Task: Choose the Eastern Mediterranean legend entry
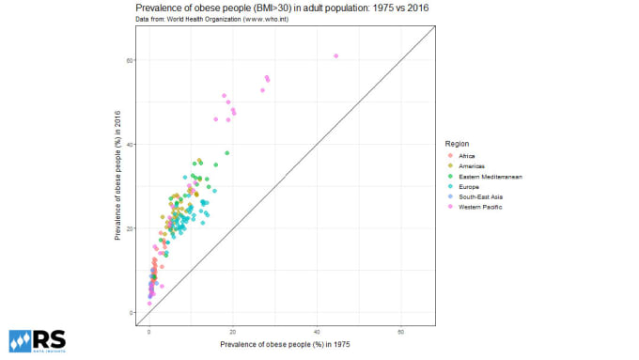click(490, 177)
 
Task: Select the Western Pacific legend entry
click(480, 207)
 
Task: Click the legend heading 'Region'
click(458, 144)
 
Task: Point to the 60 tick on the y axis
click(131, 60)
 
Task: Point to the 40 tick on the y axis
click(131, 144)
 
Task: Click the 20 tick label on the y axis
click(131, 228)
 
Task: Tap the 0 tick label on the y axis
click(132, 312)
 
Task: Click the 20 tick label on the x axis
click(233, 333)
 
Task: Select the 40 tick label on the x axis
click(317, 333)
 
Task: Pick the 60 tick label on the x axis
click(401, 333)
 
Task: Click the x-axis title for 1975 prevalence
click(287, 345)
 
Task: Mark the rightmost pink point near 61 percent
click(335, 55)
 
